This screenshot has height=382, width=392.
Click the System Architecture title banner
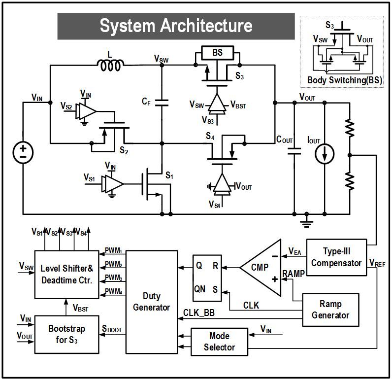click(176, 26)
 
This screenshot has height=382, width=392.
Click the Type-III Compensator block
click(336, 257)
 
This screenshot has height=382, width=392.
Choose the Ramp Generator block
click(330, 310)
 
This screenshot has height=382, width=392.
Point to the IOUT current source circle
click(325, 154)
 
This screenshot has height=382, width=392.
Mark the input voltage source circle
click(23, 151)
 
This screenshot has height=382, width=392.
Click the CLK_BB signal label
click(198, 312)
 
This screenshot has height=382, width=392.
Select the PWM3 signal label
click(114, 279)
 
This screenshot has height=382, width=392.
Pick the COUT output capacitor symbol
click(294, 149)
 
